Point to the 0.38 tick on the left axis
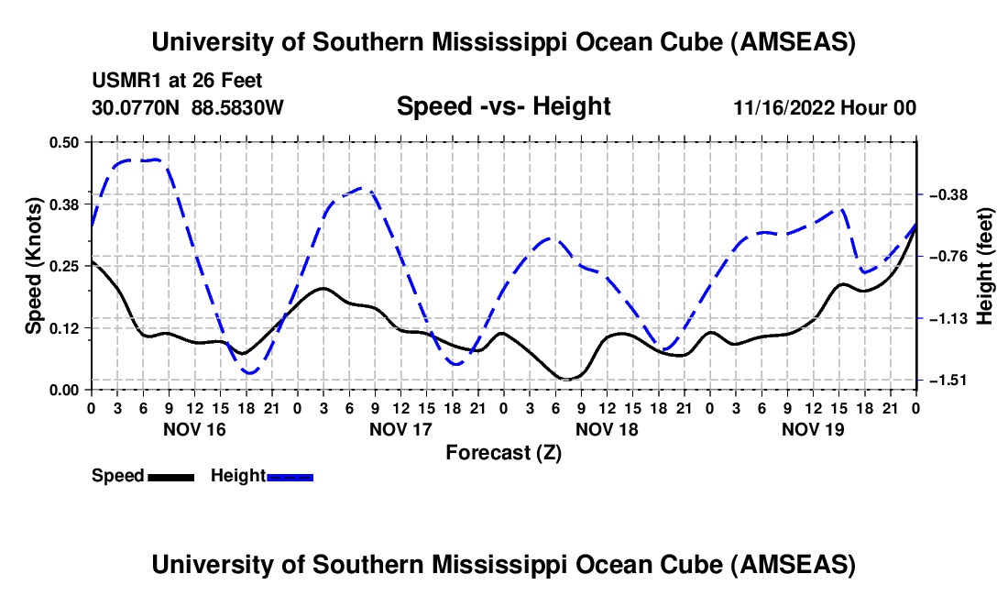(x=67, y=204)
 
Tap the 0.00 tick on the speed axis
(x=67, y=390)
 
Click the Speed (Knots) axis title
(x=33, y=266)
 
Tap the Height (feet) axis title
(x=985, y=266)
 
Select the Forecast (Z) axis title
(x=503, y=452)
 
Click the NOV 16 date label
(x=193, y=429)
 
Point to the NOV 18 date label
(x=607, y=429)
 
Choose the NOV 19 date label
(x=813, y=429)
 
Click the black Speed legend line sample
(x=170, y=477)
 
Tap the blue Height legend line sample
(x=290, y=477)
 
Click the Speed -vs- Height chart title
(x=503, y=106)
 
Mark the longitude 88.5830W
(x=238, y=108)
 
